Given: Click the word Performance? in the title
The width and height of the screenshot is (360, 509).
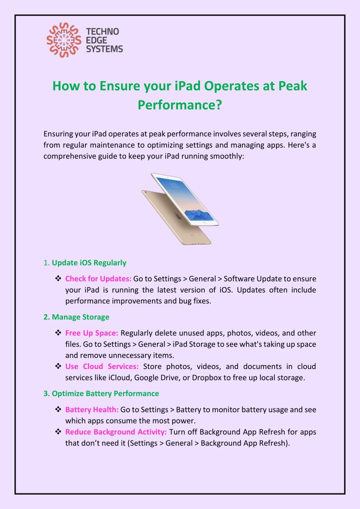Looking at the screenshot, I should click(x=180, y=106).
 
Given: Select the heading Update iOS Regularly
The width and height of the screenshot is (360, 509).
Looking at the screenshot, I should click(x=89, y=262).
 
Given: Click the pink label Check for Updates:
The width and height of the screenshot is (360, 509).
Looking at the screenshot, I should click(x=98, y=278).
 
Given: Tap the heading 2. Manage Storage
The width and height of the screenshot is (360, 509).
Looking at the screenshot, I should click(x=76, y=317).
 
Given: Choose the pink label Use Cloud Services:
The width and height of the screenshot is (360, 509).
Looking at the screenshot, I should click(x=102, y=366).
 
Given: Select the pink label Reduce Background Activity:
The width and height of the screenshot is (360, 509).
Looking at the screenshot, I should click(x=116, y=431).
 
